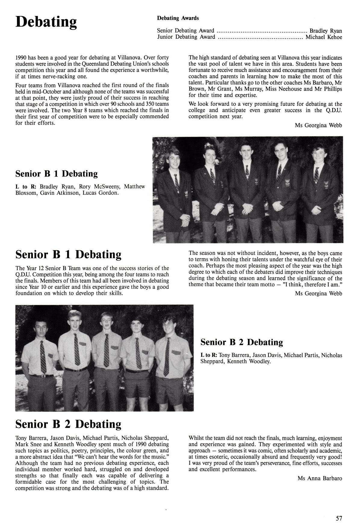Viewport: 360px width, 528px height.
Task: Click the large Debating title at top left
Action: pos(46,22)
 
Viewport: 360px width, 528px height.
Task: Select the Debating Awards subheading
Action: pos(178,18)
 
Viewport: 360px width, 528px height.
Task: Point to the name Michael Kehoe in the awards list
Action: pos(324,37)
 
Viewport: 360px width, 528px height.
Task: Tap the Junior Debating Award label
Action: pos(186,37)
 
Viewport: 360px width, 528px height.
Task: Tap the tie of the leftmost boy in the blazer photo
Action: pos(176,181)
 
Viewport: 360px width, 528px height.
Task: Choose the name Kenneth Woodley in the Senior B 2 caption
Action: pos(249,362)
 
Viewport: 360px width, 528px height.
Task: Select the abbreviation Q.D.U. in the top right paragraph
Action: pos(333,110)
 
